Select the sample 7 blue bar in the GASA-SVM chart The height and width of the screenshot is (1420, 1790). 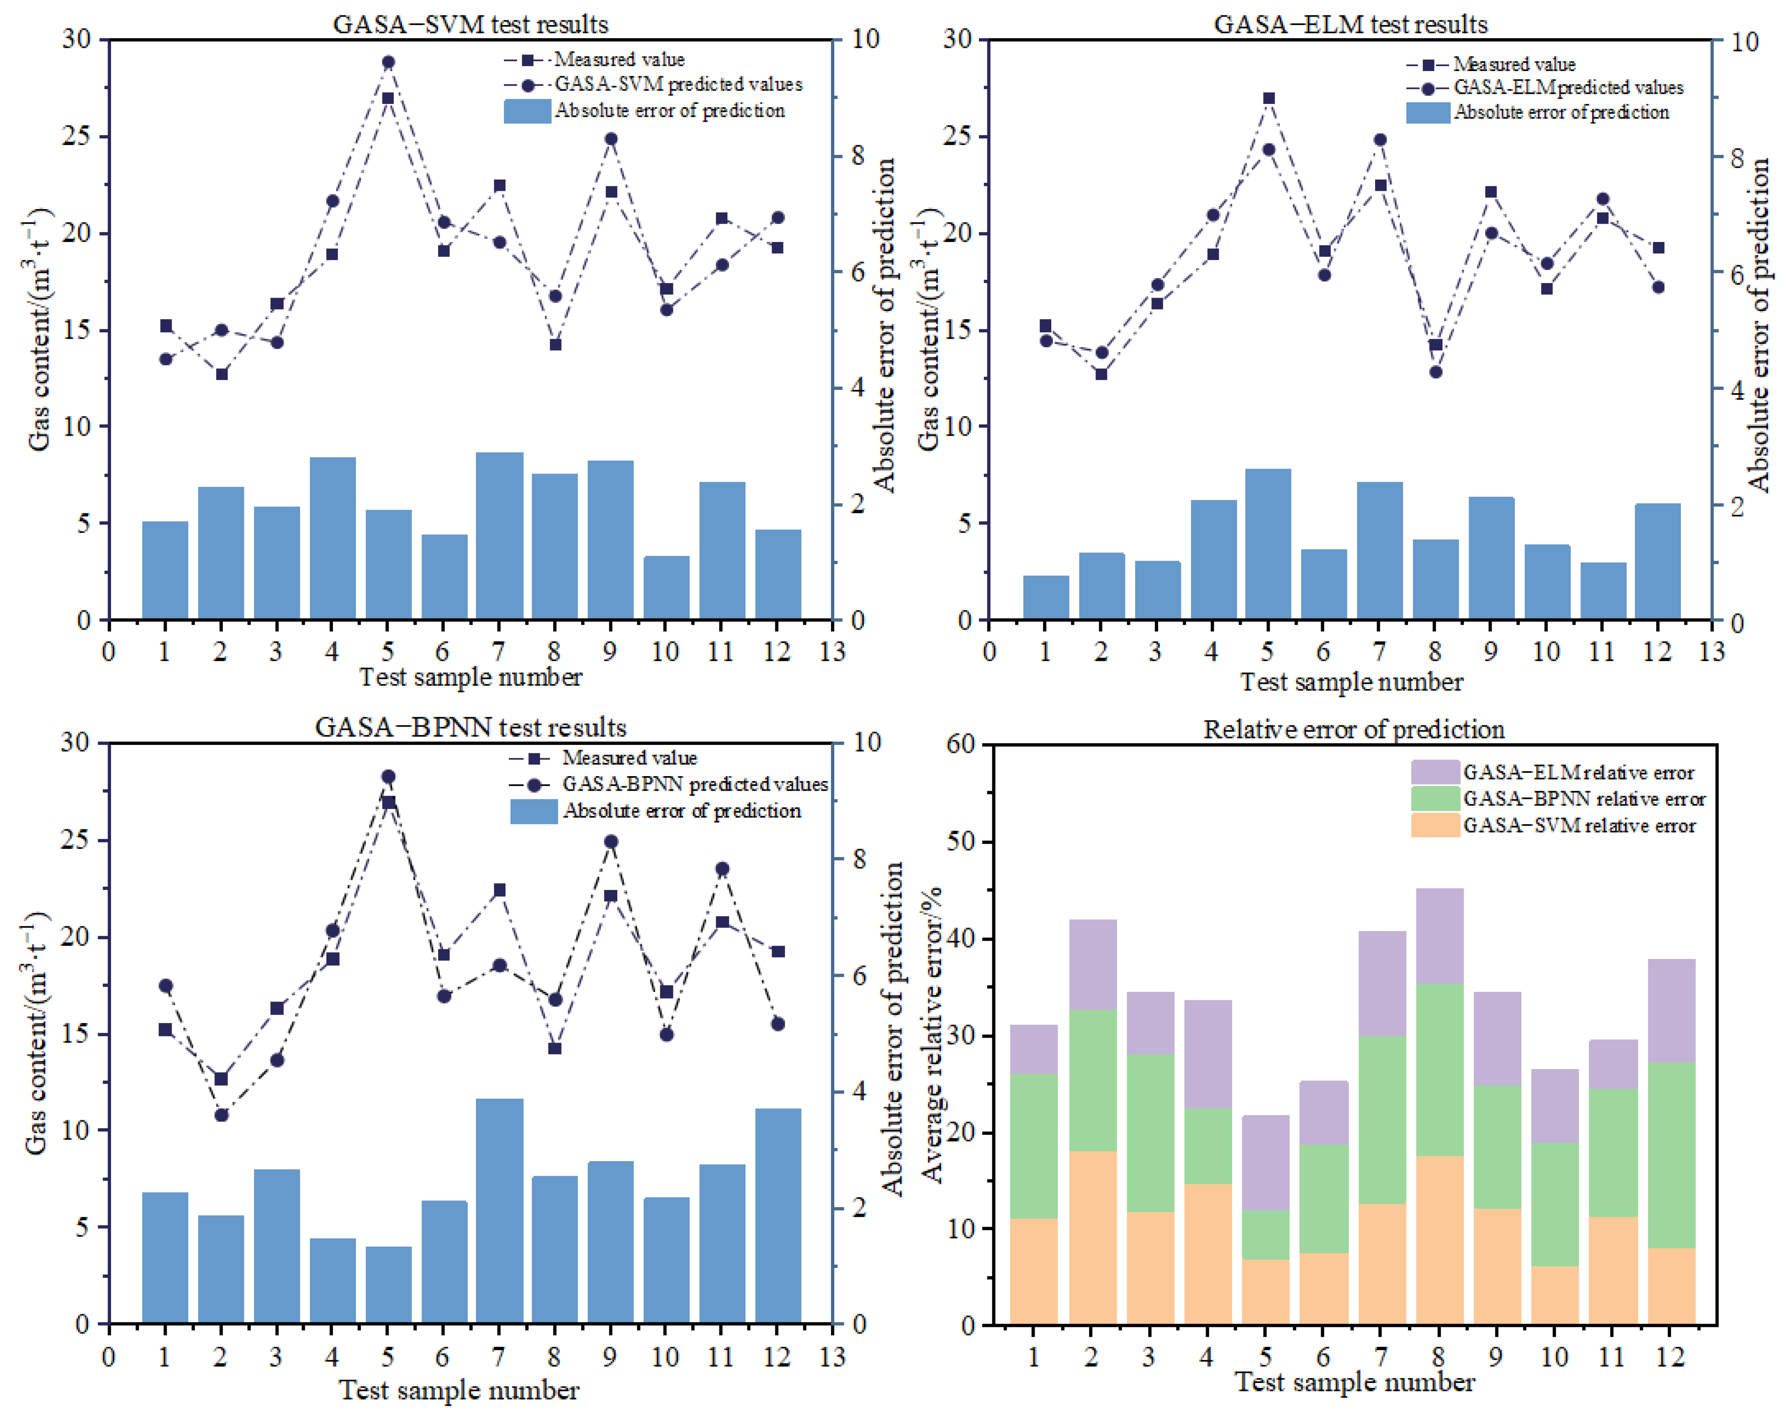click(499, 535)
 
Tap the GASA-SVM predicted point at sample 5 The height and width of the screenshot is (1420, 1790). click(388, 62)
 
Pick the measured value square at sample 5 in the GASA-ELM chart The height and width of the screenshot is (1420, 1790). click(1268, 98)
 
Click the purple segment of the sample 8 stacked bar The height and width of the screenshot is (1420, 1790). click(1439, 936)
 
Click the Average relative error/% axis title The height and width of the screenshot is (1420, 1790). click(932, 1034)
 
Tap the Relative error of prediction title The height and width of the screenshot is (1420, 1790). click(1353, 729)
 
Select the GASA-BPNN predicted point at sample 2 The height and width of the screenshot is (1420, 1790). click(221, 1114)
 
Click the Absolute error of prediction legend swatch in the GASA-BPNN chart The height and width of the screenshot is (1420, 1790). click(533, 811)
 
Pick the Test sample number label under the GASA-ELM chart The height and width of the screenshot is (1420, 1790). click(1351, 682)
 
